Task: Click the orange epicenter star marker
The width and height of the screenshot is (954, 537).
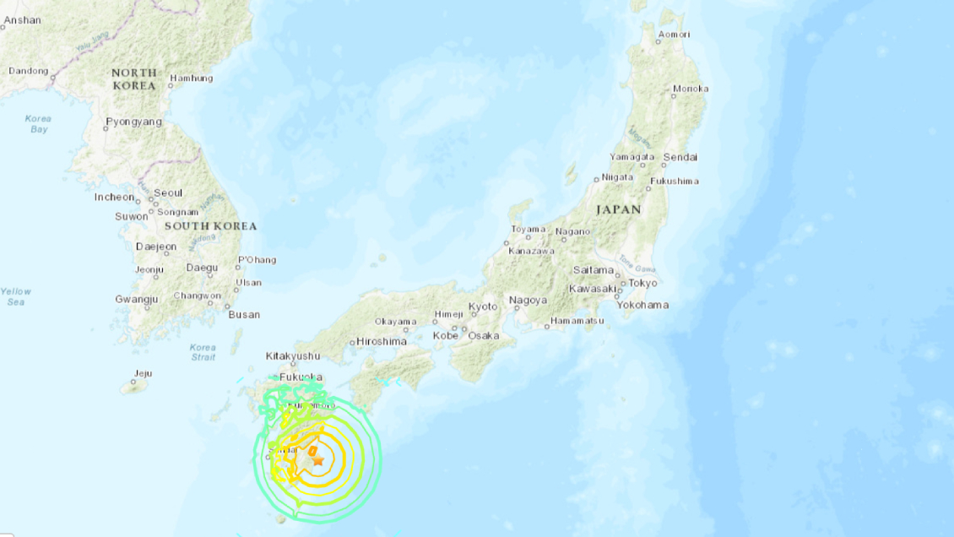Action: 318,461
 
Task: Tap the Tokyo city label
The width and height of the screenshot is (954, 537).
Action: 642,283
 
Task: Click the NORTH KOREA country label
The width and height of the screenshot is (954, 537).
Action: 134,79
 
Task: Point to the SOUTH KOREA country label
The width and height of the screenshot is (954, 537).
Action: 210,226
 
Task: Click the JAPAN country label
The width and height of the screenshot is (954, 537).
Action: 619,209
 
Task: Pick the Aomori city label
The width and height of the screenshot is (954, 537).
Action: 674,35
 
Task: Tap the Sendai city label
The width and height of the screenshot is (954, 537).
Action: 680,157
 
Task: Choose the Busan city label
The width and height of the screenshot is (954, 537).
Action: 244,315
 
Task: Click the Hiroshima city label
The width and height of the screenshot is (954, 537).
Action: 382,341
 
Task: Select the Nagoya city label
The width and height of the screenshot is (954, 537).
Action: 528,301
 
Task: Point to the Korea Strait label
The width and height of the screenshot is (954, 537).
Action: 203,352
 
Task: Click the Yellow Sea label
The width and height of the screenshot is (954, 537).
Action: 14,296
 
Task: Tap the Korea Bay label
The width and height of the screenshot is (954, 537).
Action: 38,124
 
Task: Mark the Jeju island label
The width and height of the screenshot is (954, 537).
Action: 143,373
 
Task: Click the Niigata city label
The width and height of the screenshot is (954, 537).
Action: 617,178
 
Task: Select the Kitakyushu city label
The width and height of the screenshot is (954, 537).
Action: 293,356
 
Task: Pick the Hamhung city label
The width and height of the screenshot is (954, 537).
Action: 192,79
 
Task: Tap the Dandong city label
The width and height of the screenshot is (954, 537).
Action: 28,71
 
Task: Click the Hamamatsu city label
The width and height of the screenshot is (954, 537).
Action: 577,322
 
